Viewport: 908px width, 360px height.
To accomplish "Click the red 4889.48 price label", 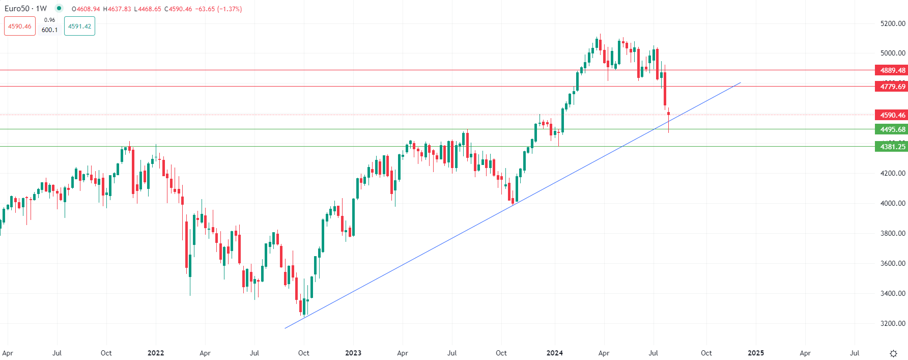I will click(x=892, y=70).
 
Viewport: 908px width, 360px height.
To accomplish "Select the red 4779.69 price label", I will click(x=892, y=87).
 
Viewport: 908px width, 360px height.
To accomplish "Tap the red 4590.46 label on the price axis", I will click(x=892, y=115).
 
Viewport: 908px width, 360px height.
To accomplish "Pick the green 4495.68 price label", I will click(x=892, y=129).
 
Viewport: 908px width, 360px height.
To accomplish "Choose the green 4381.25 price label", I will click(x=892, y=147).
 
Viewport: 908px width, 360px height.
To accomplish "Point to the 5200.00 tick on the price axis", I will click(x=893, y=23).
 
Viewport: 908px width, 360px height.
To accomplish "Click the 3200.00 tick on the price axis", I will click(x=893, y=323).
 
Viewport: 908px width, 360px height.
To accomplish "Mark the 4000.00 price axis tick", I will click(x=893, y=203).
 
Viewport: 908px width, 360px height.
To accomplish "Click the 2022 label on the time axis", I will click(x=156, y=353).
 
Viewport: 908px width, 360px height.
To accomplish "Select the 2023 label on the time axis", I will click(x=353, y=353).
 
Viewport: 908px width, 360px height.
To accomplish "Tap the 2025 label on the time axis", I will click(x=756, y=353).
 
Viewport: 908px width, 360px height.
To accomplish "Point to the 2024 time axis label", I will click(x=554, y=353).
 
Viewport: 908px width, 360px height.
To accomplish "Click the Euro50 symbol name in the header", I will click(x=17, y=9).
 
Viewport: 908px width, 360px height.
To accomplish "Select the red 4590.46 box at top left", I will click(x=20, y=26).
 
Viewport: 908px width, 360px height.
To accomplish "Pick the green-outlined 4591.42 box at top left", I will click(x=79, y=26).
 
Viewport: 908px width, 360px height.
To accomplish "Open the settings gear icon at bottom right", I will click(x=893, y=353).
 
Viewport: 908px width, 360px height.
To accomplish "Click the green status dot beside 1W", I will click(x=59, y=8).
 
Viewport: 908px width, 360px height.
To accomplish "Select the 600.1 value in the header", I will click(x=49, y=30).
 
